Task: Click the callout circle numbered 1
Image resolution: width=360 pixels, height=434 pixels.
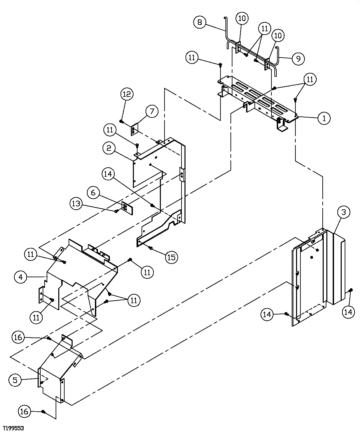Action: (324, 118)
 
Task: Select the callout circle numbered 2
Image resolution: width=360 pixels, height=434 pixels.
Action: (109, 148)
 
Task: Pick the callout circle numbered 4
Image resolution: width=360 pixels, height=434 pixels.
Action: (21, 277)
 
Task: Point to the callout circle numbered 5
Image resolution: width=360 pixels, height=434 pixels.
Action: (15, 379)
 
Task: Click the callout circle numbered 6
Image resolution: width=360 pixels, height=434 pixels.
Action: (94, 193)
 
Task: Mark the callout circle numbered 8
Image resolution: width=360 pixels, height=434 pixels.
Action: (199, 22)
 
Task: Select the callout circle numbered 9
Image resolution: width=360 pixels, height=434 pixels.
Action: (298, 59)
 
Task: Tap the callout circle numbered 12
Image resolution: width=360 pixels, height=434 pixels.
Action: (127, 94)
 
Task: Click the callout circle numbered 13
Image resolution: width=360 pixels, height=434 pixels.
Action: (77, 203)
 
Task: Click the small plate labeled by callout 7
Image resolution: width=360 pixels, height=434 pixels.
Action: (134, 130)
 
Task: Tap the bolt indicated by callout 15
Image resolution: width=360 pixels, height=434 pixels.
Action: (150, 248)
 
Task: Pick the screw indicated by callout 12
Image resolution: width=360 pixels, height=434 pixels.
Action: (122, 122)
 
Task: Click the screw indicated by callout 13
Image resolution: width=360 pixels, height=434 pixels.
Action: (116, 211)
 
